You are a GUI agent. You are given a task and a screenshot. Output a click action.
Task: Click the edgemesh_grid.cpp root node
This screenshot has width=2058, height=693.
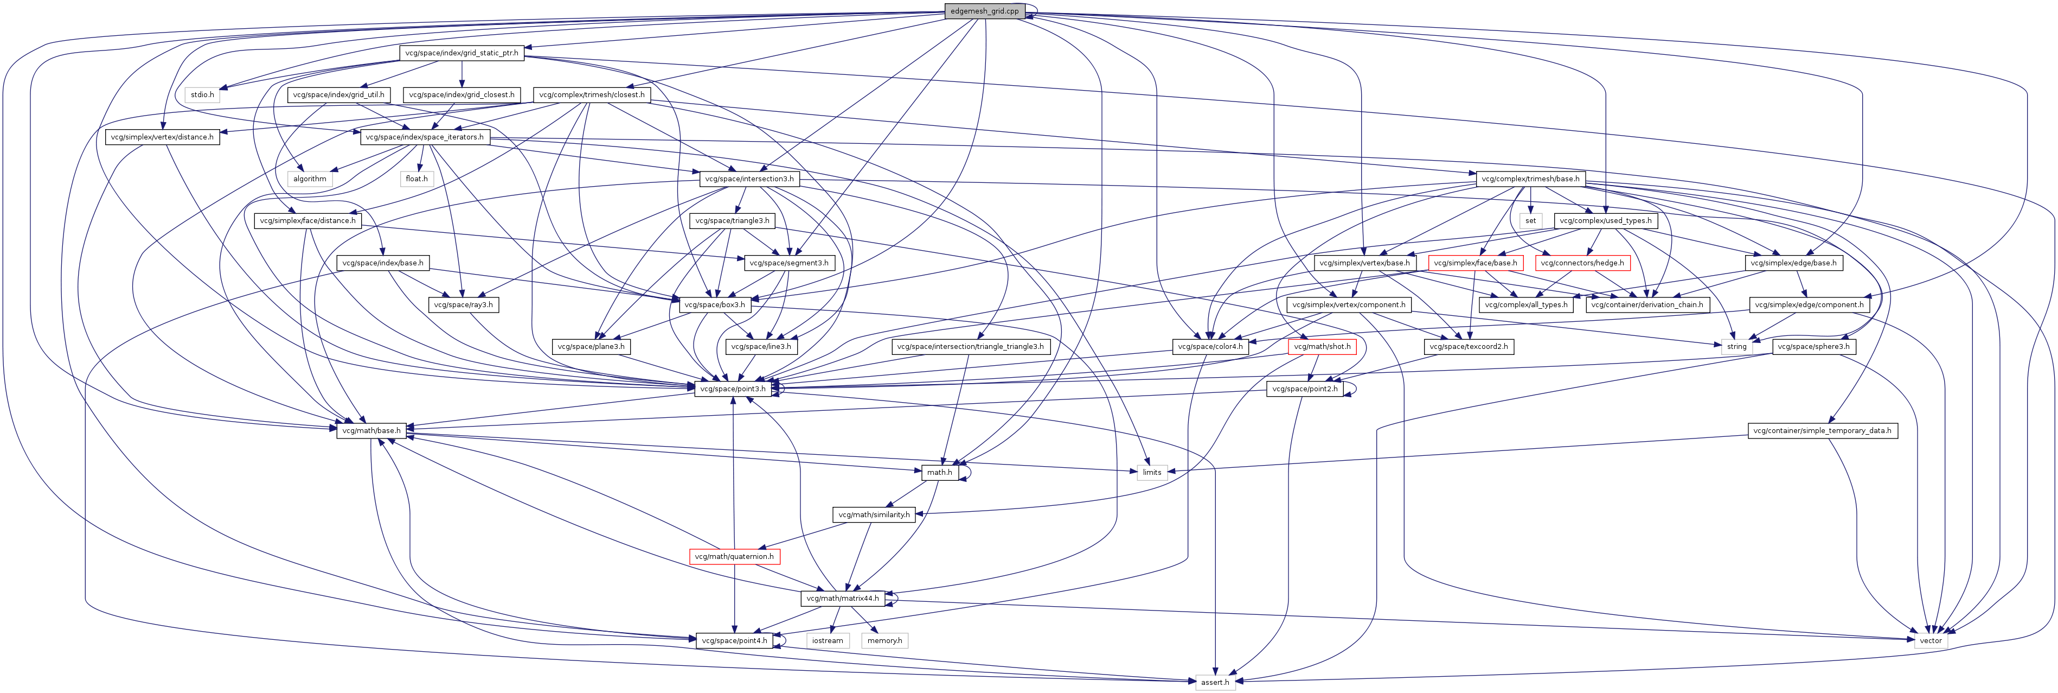pyautogui.click(x=984, y=11)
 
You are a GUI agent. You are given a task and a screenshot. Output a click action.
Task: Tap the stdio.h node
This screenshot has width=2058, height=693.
pyautogui.click(x=202, y=95)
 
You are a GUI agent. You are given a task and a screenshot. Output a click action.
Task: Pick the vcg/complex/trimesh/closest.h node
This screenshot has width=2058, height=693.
pyautogui.click(x=591, y=95)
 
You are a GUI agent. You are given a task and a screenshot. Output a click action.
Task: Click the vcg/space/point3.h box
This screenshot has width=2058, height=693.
pyautogui.click(x=733, y=389)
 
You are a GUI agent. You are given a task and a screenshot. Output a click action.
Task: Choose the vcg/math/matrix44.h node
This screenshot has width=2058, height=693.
pyautogui.click(x=842, y=599)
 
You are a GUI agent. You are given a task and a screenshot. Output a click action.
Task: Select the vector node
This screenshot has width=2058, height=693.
pyautogui.click(x=1930, y=641)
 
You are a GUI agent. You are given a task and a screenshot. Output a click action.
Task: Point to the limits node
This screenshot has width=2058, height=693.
pyautogui.click(x=1151, y=472)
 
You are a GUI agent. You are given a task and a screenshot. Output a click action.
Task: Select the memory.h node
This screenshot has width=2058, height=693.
pyautogui.click(x=884, y=641)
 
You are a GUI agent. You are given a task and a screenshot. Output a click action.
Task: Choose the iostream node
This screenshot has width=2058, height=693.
pyautogui.click(x=827, y=641)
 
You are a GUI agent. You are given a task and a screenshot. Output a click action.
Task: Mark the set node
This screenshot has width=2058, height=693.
pyautogui.click(x=1530, y=221)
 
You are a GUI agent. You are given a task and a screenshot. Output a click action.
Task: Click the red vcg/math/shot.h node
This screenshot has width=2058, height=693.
pyautogui.click(x=1322, y=347)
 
